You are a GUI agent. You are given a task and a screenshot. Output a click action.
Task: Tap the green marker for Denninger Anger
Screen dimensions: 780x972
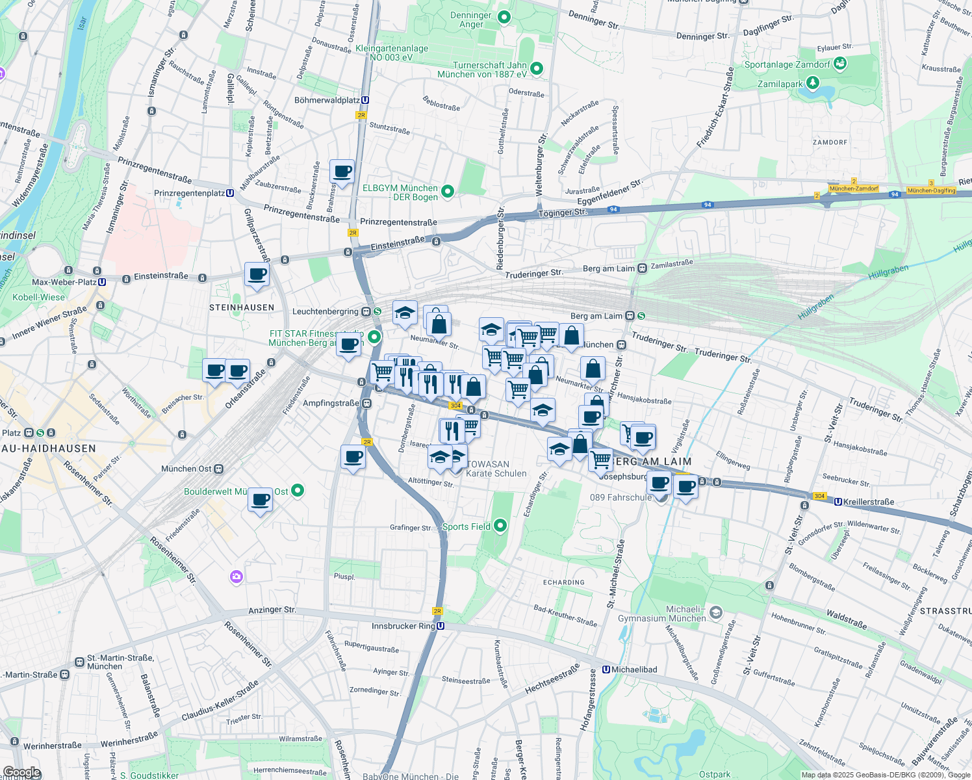504,18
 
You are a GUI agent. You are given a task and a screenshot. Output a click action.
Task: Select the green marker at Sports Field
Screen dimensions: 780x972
500,526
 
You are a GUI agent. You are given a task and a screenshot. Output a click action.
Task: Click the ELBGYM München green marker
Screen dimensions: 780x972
447,191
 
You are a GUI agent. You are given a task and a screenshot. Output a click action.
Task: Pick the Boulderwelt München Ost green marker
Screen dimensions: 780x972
298,490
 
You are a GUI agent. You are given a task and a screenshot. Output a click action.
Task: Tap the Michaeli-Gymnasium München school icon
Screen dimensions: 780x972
715,612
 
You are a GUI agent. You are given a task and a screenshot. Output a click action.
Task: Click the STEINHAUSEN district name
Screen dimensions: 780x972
242,307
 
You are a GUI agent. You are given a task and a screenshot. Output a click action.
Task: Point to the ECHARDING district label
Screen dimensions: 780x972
563,582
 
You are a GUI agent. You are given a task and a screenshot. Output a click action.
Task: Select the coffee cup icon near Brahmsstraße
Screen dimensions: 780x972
342,172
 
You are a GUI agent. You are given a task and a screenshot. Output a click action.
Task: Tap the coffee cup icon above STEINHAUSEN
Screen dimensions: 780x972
257,274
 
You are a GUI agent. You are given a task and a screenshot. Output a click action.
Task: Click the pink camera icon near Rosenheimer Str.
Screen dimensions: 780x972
236,577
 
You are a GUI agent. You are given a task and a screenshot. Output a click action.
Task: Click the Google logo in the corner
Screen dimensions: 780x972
21,772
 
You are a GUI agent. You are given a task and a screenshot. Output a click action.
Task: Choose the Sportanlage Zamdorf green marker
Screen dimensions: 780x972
840,64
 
